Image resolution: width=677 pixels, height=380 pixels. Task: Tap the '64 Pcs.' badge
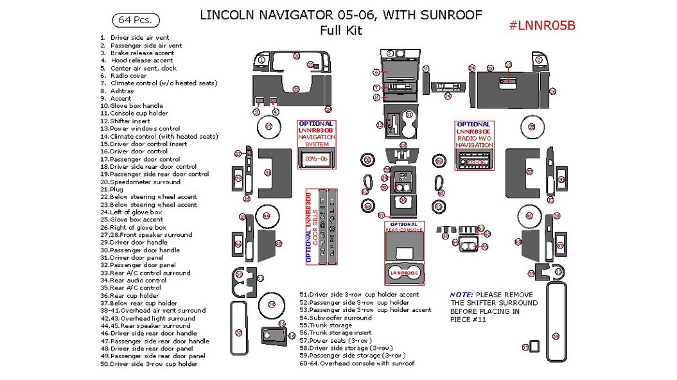(135, 20)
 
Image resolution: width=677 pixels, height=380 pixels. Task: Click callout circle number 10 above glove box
(508, 65)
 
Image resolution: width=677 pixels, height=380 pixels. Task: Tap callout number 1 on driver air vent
(262, 60)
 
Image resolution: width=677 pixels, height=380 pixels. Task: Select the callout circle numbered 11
(409, 114)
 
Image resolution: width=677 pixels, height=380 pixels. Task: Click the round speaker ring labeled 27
(269, 127)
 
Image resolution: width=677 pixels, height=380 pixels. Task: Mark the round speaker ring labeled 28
(532, 127)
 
